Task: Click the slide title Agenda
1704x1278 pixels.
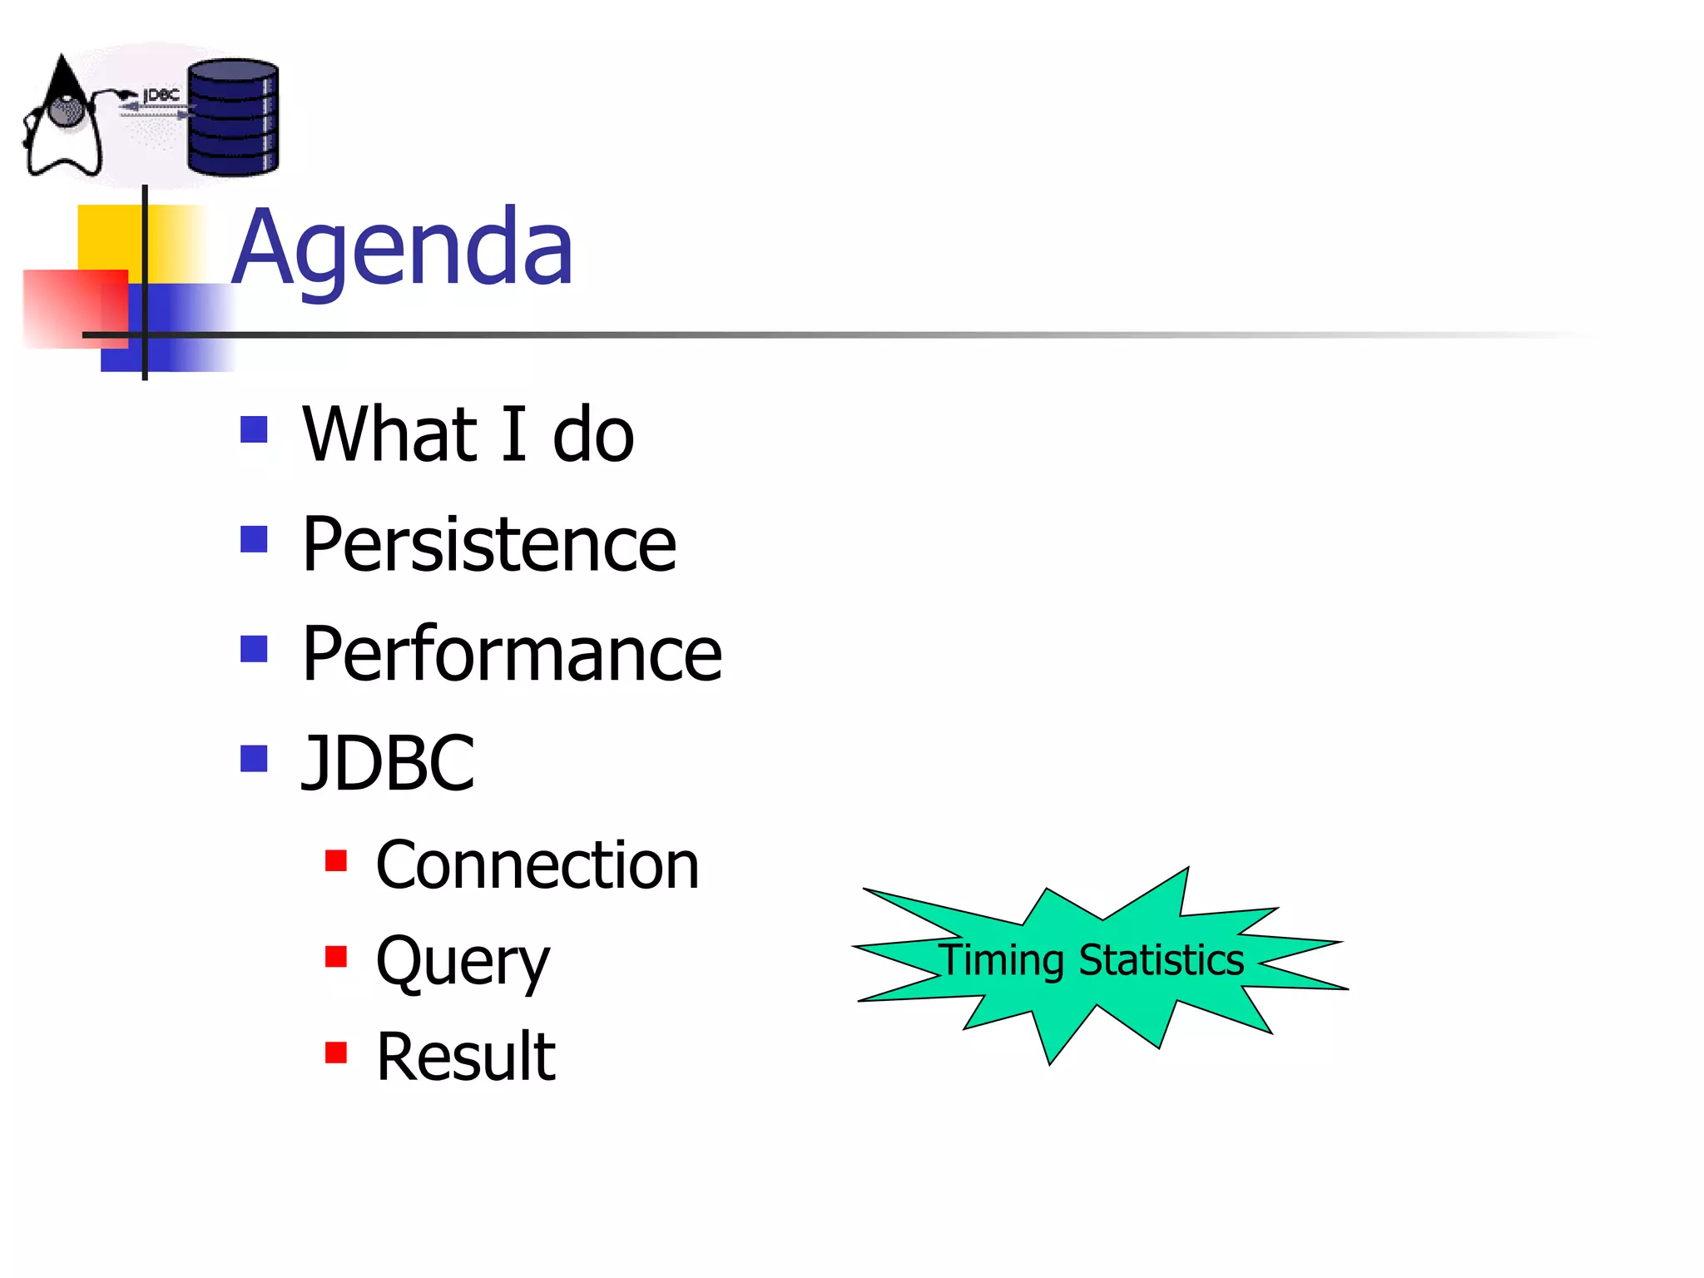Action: [403, 247]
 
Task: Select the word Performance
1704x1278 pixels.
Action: [512, 654]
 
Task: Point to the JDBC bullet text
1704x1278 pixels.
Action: [388, 762]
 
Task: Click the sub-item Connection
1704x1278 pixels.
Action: [537, 865]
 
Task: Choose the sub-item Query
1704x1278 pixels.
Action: [463, 961]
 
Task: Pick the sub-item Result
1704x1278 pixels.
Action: [466, 1057]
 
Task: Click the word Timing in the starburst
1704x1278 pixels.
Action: [1001, 960]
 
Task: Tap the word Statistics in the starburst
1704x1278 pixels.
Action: [1162, 960]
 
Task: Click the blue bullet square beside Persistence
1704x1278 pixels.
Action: [254, 539]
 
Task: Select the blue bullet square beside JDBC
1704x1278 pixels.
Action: [254, 758]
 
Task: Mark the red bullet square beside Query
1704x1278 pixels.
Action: [336, 956]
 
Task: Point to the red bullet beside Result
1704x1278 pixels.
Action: [336, 1053]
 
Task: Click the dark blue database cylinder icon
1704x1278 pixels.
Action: [233, 117]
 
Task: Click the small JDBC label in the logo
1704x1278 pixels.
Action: [161, 96]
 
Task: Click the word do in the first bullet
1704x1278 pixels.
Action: [593, 433]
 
